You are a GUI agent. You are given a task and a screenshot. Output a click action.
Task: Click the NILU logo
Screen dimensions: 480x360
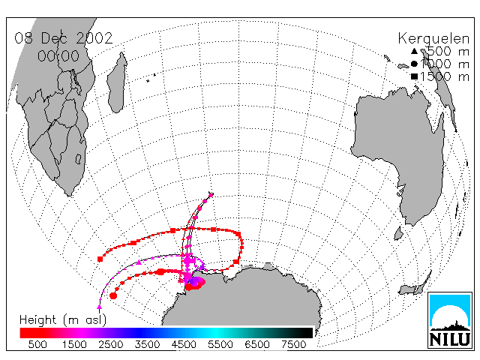[450, 320]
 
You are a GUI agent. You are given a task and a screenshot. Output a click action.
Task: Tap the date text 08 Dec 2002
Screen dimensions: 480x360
[64, 38]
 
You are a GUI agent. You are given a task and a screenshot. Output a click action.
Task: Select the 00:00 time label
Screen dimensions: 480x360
[58, 56]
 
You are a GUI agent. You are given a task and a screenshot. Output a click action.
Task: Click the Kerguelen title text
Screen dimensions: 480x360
[433, 39]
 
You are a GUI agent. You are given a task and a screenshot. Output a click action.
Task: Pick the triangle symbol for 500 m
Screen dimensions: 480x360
[414, 51]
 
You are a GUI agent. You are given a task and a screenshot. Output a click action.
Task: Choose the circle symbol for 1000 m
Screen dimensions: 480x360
[414, 64]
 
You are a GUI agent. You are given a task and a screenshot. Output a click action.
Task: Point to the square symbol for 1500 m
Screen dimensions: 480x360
[414, 76]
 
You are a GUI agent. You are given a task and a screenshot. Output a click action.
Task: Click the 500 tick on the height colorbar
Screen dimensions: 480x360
[37, 345]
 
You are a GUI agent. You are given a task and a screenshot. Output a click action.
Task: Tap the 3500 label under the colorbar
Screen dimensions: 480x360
[147, 345]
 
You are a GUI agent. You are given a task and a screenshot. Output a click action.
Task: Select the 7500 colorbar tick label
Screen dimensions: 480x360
[293, 345]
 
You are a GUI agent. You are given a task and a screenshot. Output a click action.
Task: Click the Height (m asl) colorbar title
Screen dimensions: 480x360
[63, 320]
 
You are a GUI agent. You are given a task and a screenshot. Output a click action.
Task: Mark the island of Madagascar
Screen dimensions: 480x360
[117, 82]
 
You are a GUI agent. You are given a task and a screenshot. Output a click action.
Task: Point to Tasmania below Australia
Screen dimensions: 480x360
[398, 234]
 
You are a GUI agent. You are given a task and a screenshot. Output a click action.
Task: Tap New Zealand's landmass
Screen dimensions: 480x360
[415, 285]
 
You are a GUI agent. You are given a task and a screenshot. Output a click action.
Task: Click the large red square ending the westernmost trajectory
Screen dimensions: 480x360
[100, 259]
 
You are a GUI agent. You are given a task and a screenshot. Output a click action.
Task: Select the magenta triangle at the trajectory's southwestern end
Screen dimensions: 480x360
[99, 307]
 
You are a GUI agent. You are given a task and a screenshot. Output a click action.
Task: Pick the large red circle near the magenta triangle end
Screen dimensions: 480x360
[113, 295]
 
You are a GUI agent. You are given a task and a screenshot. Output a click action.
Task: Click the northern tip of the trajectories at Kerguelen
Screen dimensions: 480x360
[211, 194]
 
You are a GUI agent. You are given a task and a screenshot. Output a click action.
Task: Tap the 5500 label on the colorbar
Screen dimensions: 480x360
[220, 345]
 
